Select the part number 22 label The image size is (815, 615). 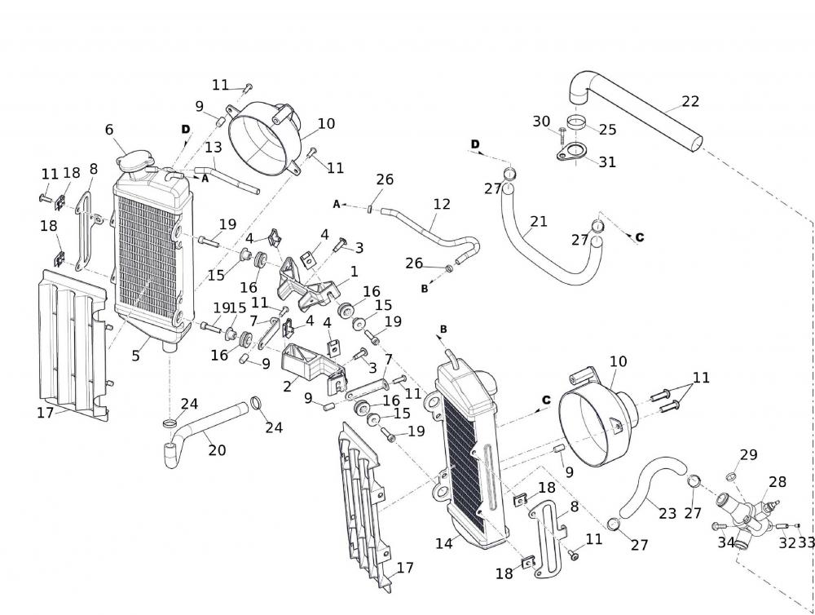tap(690, 102)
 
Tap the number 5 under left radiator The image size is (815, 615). tap(136, 356)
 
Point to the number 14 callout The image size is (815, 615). tap(444, 542)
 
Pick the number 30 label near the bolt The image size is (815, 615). tap(541, 122)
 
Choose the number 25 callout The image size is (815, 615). tap(607, 129)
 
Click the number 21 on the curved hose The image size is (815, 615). tap(539, 221)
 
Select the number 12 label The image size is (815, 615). tap(442, 204)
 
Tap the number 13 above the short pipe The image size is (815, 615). tap(213, 148)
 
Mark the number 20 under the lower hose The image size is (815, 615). tap(216, 449)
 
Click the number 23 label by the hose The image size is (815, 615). tap(667, 514)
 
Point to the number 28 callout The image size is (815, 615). tap(777, 482)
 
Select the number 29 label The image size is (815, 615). tap(748, 454)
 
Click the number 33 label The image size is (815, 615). tap(806, 542)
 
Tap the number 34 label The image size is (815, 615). tap(726, 542)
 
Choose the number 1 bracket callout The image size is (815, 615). tap(354, 271)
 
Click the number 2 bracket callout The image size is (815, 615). tap(287, 387)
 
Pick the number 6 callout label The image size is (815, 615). tap(109, 130)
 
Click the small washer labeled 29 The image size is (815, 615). tap(731, 476)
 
